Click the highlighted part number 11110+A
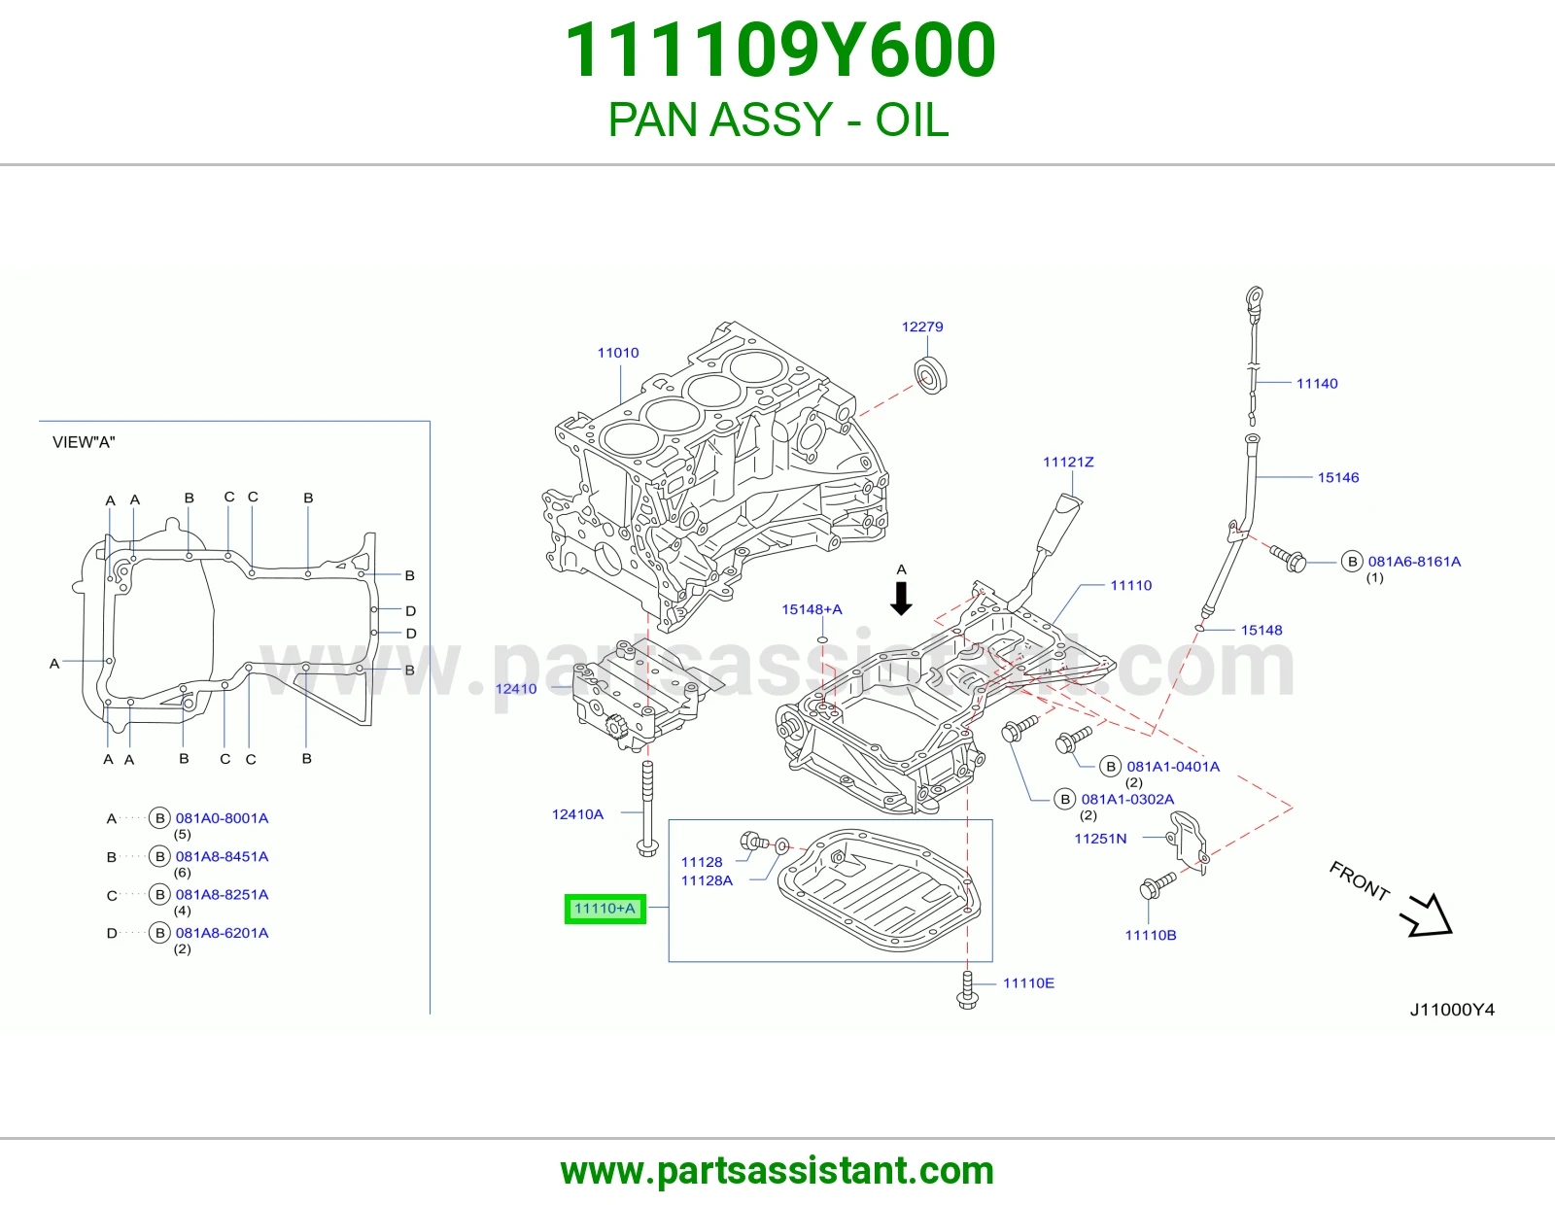tap(605, 909)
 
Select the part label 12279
tap(921, 327)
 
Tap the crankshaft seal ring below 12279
tap(930, 375)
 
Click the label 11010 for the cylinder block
tap(617, 353)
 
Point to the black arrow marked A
tap(901, 599)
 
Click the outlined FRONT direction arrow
tap(1427, 917)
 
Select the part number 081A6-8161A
tap(1414, 562)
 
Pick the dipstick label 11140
tap(1317, 384)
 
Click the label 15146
tap(1337, 477)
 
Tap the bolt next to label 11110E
tap(967, 990)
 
